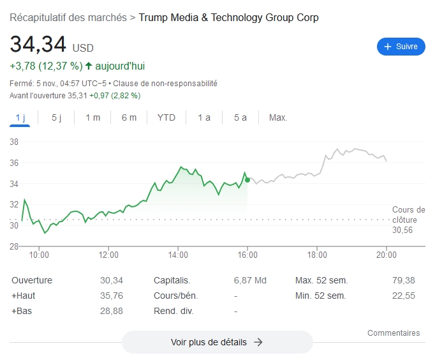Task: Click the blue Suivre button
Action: [x=401, y=47]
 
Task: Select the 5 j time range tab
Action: [x=56, y=117]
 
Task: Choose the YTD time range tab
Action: [x=166, y=117]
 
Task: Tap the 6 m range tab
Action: [x=129, y=117]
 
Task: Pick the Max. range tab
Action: [x=278, y=117]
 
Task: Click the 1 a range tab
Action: [x=203, y=117]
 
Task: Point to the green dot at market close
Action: [x=247, y=180]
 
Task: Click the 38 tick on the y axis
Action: [x=13, y=142]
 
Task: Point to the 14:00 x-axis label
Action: [x=178, y=255]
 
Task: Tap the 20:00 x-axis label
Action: [x=387, y=255]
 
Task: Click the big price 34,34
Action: [x=38, y=45]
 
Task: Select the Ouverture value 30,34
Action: [x=111, y=280]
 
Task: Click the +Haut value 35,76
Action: [x=111, y=296]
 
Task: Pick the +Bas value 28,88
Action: [x=111, y=311]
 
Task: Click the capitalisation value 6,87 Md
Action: [x=250, y=280]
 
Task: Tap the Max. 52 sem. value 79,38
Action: [x=404, y=280]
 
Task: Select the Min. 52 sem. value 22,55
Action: [x=404, y=296]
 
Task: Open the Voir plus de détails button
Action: [x=217, y=342]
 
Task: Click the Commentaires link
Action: [x=394, y=333]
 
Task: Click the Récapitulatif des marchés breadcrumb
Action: [x=68, y=17]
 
